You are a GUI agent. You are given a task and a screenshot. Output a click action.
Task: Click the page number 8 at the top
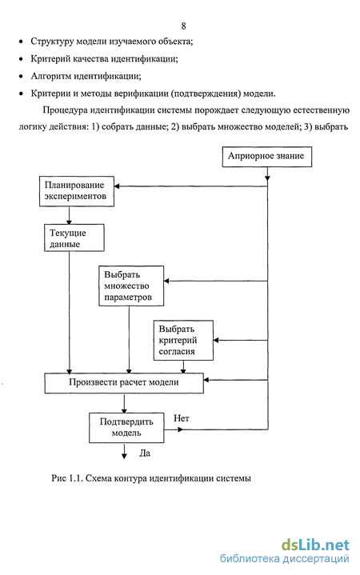183,26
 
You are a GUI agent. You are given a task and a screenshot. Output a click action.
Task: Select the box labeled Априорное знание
266,157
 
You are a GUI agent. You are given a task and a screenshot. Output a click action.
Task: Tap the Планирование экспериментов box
77,191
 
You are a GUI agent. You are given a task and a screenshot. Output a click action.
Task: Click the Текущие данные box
74,238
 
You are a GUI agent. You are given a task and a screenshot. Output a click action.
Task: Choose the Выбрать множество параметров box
131,286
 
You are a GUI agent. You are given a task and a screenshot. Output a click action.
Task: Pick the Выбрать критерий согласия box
183,340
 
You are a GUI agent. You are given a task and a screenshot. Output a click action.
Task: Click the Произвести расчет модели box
124,383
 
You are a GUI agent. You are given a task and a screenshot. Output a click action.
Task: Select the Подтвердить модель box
126,428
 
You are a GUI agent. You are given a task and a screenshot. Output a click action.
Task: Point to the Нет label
182,418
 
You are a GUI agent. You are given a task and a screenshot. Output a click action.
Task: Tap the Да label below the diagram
145,453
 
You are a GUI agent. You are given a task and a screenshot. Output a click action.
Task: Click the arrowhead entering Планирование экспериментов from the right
117,186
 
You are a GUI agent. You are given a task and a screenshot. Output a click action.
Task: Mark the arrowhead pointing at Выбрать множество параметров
166,281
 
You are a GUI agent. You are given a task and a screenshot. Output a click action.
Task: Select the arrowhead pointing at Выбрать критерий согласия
216,341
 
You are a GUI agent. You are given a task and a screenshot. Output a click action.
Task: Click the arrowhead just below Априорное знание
267,178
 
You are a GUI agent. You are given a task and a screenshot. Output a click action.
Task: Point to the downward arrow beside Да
124,451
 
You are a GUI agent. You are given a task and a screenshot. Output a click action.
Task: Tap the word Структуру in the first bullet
53,42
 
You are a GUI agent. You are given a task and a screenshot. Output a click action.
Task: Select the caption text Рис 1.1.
66,478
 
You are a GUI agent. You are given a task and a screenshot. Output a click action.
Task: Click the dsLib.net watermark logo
315,545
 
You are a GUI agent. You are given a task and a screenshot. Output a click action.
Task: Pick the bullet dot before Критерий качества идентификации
21,58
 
